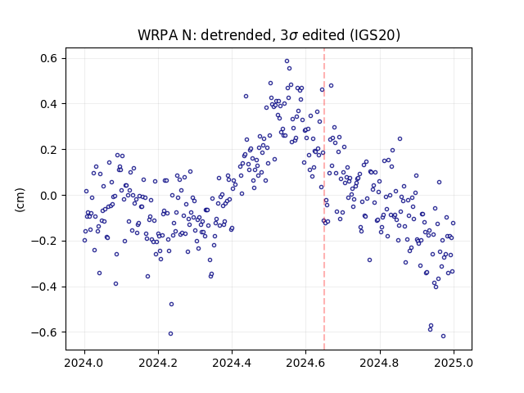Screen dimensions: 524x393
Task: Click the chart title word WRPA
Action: (157, 35)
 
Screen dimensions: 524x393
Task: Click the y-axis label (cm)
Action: (20, 200)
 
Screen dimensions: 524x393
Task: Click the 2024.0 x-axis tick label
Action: (84, 362)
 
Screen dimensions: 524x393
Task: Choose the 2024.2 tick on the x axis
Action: (158, 362)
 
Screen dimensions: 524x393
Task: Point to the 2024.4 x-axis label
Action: (232, 362)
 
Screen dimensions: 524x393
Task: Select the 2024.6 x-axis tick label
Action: (305, 362)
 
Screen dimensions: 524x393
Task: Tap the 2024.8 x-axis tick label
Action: (380, 362)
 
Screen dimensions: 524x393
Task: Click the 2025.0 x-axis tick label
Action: (454, 362)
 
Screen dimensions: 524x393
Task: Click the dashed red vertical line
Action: (324, 199)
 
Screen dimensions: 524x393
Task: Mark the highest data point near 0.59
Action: (287, 61)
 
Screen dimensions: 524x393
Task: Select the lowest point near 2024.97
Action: (443, 337)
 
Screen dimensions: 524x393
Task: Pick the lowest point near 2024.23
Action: (170, 333)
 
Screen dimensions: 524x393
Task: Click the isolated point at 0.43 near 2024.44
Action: (246, 97)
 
